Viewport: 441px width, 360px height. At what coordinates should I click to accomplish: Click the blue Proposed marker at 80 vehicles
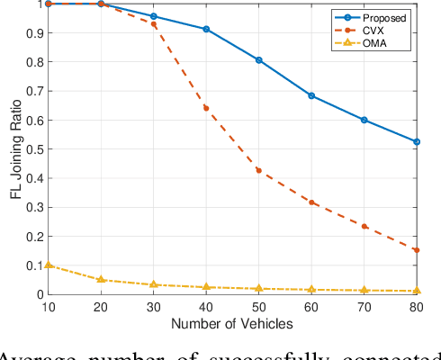[x=417, y=141]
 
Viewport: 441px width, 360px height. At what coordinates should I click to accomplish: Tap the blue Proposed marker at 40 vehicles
[x=206, y=30]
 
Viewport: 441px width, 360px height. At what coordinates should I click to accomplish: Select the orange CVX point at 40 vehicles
[x=206, y=108]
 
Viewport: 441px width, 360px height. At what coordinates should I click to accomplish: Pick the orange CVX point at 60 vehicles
[x=311, y=202]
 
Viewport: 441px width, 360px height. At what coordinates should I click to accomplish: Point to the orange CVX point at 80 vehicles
[x=417, y=250]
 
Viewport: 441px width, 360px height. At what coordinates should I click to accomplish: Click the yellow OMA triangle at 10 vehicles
[x=48, y=265]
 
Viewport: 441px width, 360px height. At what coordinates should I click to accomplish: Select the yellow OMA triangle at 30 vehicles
[x=153, y=284]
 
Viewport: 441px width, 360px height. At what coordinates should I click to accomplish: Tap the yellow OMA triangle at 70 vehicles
[x=364, y=290]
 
